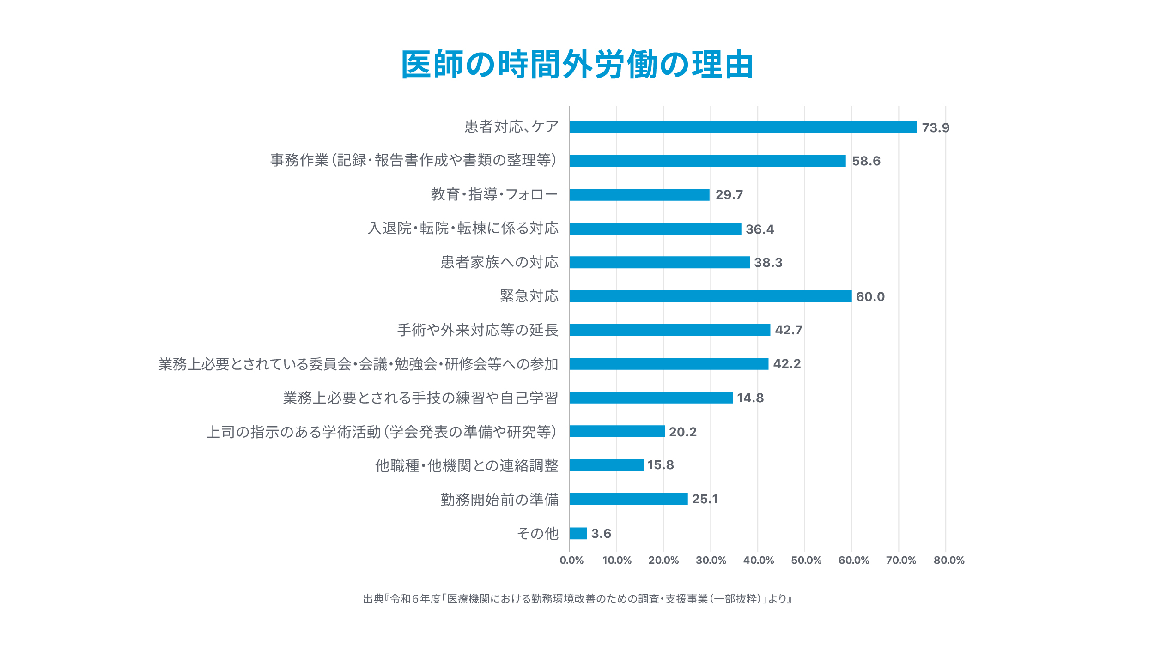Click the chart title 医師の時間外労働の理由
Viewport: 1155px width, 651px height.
click(x=577, y=65)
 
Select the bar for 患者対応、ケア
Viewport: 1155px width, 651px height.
click(x=743, y=127)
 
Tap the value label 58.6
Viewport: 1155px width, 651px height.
click(x=866, y=161)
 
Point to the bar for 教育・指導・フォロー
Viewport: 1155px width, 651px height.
click(x=639, y=195)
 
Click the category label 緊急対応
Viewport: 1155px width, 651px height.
click(x=529, y=296)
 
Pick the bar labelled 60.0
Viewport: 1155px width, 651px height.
click(x=711, y=296)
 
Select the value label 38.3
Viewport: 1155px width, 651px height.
click(x=768, y=263)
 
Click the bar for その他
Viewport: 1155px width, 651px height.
click(x=578, y=533)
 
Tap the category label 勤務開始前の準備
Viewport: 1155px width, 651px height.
click(x=499, y=500)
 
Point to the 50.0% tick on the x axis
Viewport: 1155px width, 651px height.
click(x=806, y=561)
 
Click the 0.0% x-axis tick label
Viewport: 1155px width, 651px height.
click(x=571, y=561)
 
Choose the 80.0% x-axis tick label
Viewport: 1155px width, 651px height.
click(x=949, y=561)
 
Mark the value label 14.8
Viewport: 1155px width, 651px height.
click(x=750, y=398)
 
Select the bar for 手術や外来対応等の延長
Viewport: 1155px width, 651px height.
click(x=670, y=330)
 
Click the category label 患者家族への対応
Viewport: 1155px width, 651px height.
click(x=499, y=262)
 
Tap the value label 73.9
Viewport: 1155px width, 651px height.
click(x=936, y=128)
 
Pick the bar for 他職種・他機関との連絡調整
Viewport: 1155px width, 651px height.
click(x=607, y=465)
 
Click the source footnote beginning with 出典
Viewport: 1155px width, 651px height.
click(x=577, y=599)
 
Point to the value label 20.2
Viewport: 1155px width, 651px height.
click(x=682, y=432)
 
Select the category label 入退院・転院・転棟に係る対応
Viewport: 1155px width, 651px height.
click(x=463, y=229)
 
